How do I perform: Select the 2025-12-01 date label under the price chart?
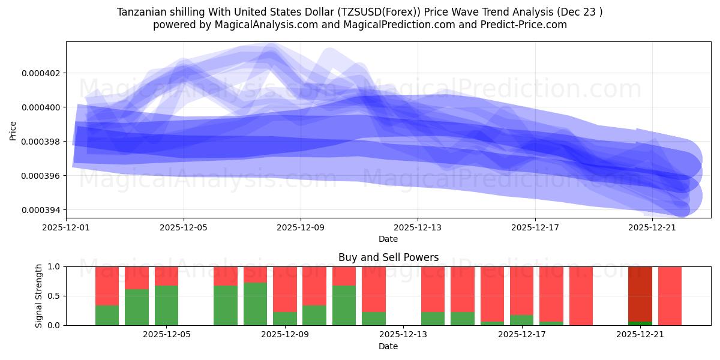pos(67,228)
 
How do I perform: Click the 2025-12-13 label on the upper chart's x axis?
pos(418,228)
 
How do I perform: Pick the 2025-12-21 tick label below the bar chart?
pos(640,335)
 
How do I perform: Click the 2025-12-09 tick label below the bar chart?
pos(285,335)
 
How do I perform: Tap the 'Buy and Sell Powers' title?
pos(388,257)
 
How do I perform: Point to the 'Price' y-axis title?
pos(13,130)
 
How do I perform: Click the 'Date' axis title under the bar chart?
pos(388,346)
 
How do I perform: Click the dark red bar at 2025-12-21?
pos(640,293)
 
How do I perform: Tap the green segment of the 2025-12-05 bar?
pos(166,305)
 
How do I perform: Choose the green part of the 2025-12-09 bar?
pos(285,318)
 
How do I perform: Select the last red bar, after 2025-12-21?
pos(670,296)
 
